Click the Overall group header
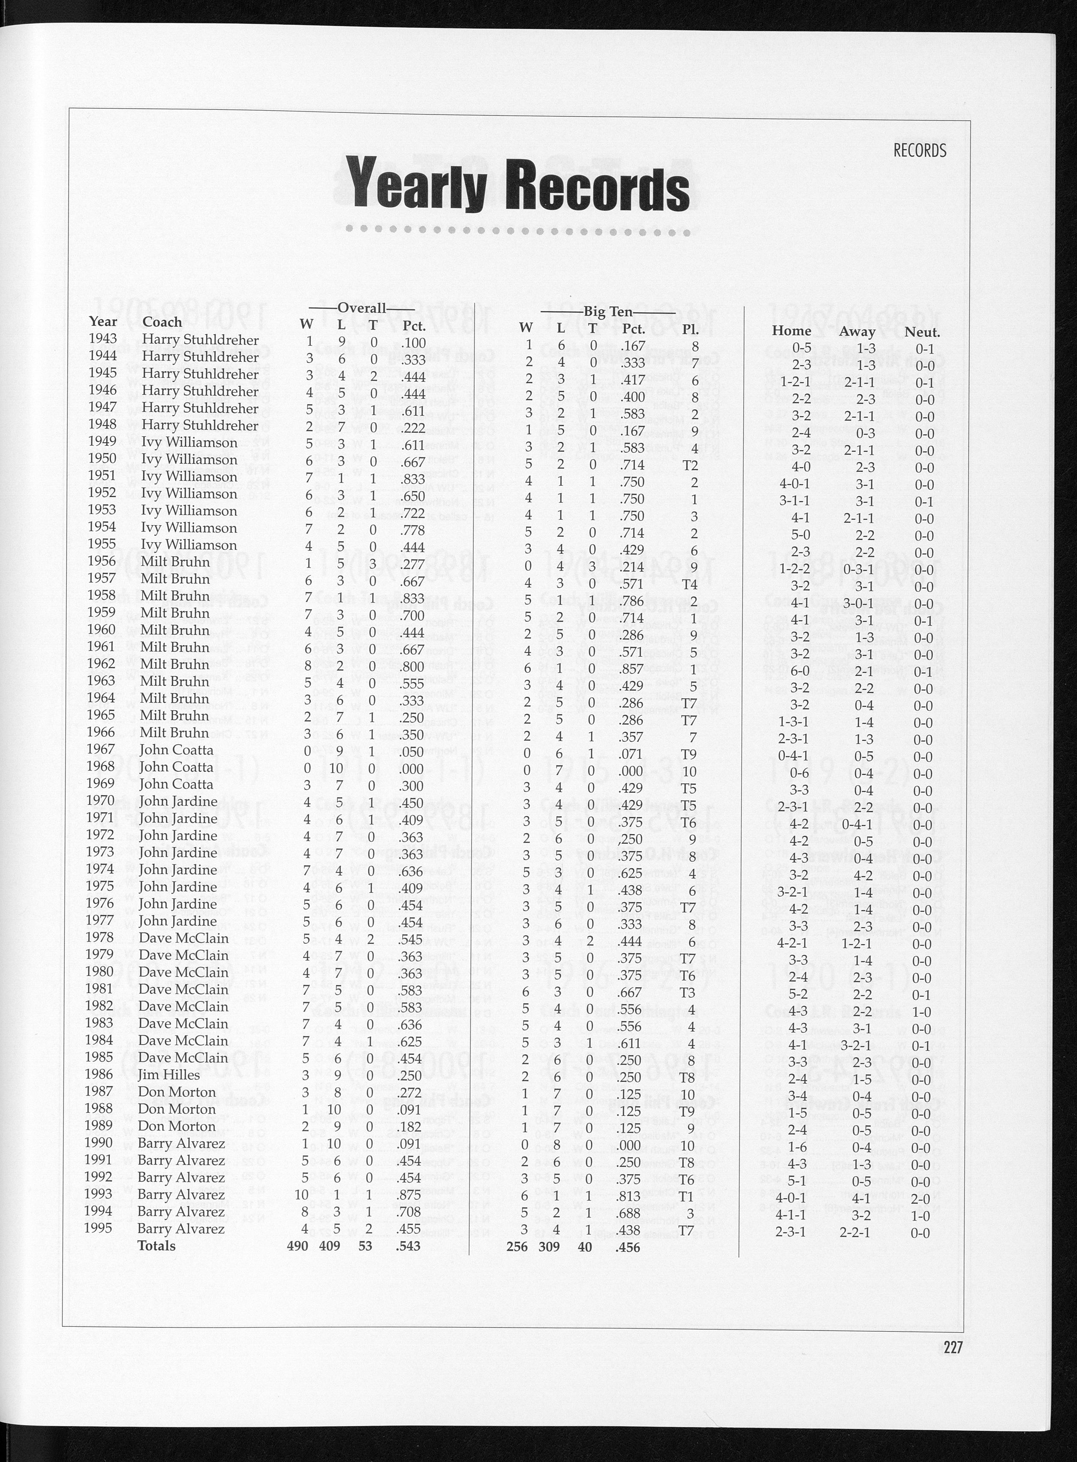click(362, 308)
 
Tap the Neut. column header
click(922, 332)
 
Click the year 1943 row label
click(103, 338)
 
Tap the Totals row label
click(156, 1245)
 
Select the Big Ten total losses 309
click(550, 1247)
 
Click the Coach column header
click(162, 322)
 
